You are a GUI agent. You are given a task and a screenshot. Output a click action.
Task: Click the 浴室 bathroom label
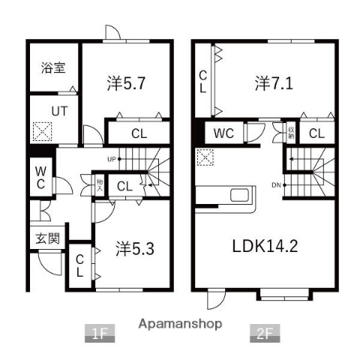52,67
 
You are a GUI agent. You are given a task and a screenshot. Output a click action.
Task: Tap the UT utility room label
58,111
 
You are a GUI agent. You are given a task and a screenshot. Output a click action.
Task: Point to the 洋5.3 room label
135,248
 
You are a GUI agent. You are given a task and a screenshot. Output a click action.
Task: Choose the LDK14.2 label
263,245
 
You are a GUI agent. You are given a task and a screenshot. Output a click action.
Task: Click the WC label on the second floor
224,134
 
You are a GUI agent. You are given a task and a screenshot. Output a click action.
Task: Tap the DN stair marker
276,185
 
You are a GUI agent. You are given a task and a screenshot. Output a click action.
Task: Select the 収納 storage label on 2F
291,134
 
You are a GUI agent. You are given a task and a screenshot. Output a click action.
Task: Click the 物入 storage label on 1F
99,184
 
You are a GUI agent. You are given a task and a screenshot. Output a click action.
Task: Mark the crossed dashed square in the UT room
43,133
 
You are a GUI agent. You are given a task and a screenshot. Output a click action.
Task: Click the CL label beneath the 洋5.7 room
139,135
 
